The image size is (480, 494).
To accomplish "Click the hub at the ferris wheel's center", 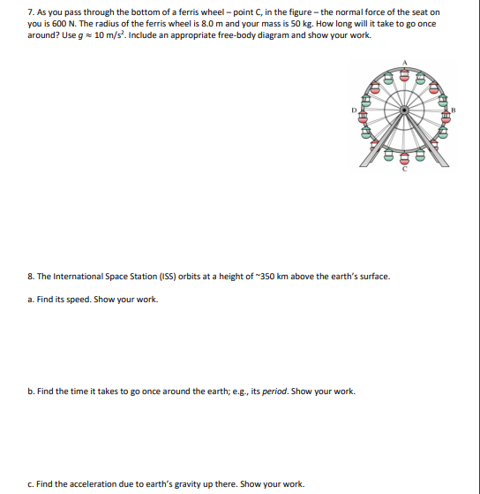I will tap(405, 110).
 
